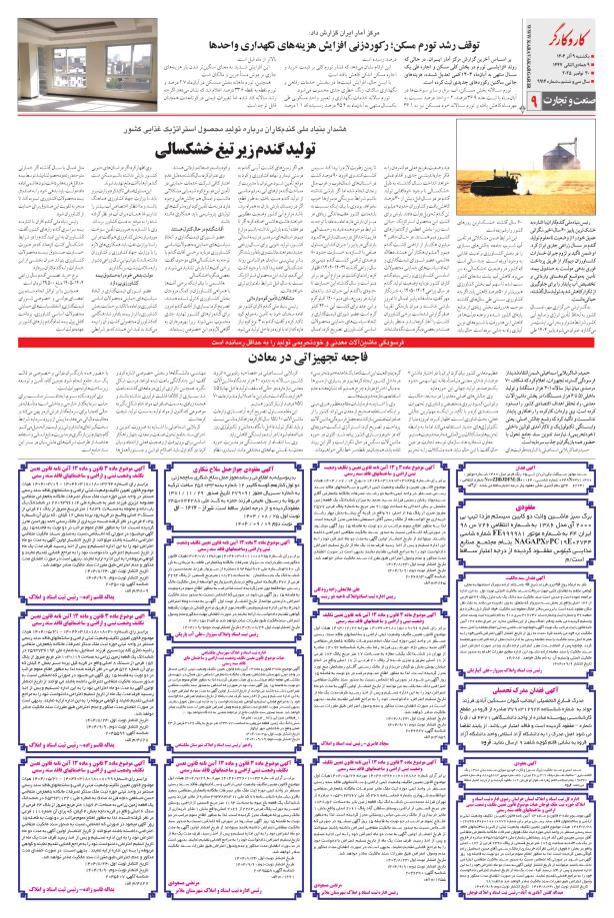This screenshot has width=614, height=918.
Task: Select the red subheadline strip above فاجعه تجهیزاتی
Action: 307,313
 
